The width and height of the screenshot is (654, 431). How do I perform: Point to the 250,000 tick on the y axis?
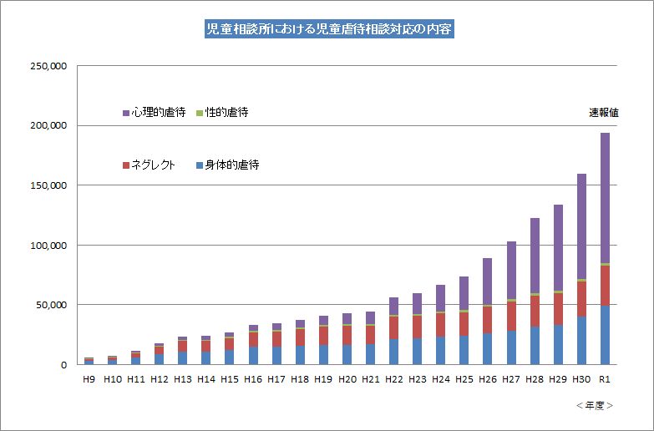point(48,65)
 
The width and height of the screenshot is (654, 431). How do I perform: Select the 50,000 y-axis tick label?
point(50,305)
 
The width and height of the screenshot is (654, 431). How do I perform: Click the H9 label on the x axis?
point(89,379)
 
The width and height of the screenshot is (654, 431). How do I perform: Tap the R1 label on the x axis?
point(605,379)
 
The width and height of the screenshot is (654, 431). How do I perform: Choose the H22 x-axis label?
point(393,379)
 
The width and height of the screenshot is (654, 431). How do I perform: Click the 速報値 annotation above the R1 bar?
point(603,113)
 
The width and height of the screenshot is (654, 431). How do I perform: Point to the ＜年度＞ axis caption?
point(595,405)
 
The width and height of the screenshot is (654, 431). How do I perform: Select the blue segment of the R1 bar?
point(605,335)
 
